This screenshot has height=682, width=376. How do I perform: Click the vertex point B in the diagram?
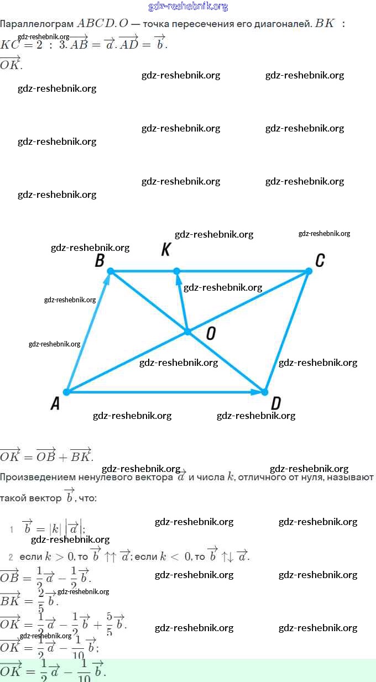(x=111, y=271)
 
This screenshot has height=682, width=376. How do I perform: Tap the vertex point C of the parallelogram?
(x=309, y=271)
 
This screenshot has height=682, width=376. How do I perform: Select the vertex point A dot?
(x=66, y=392)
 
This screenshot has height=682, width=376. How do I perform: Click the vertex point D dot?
(x=264, y=392)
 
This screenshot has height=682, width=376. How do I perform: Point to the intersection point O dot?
(x=187, y=332)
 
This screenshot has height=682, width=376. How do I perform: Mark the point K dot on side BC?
(x=176, y=271)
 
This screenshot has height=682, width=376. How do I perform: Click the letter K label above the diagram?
(x=165, y=250)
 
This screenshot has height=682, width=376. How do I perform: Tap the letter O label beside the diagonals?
(x=211, y=333)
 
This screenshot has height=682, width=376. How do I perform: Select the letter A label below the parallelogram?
(x=55, y=405)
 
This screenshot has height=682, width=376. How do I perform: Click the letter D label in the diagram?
(x=276, y=403)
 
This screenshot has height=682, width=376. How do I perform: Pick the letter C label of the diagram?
(x=320, y=260)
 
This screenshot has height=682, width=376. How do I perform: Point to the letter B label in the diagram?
(x=100, y=260)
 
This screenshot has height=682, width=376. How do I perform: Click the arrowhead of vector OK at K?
(x=178, y=280)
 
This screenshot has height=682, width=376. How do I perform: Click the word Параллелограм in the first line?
(x=36, y=24)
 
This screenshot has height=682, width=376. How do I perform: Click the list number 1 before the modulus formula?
(x=11, y=529)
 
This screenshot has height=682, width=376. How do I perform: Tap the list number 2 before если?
(x=11, y=557)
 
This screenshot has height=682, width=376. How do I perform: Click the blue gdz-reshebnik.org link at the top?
(x=188, y=7)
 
